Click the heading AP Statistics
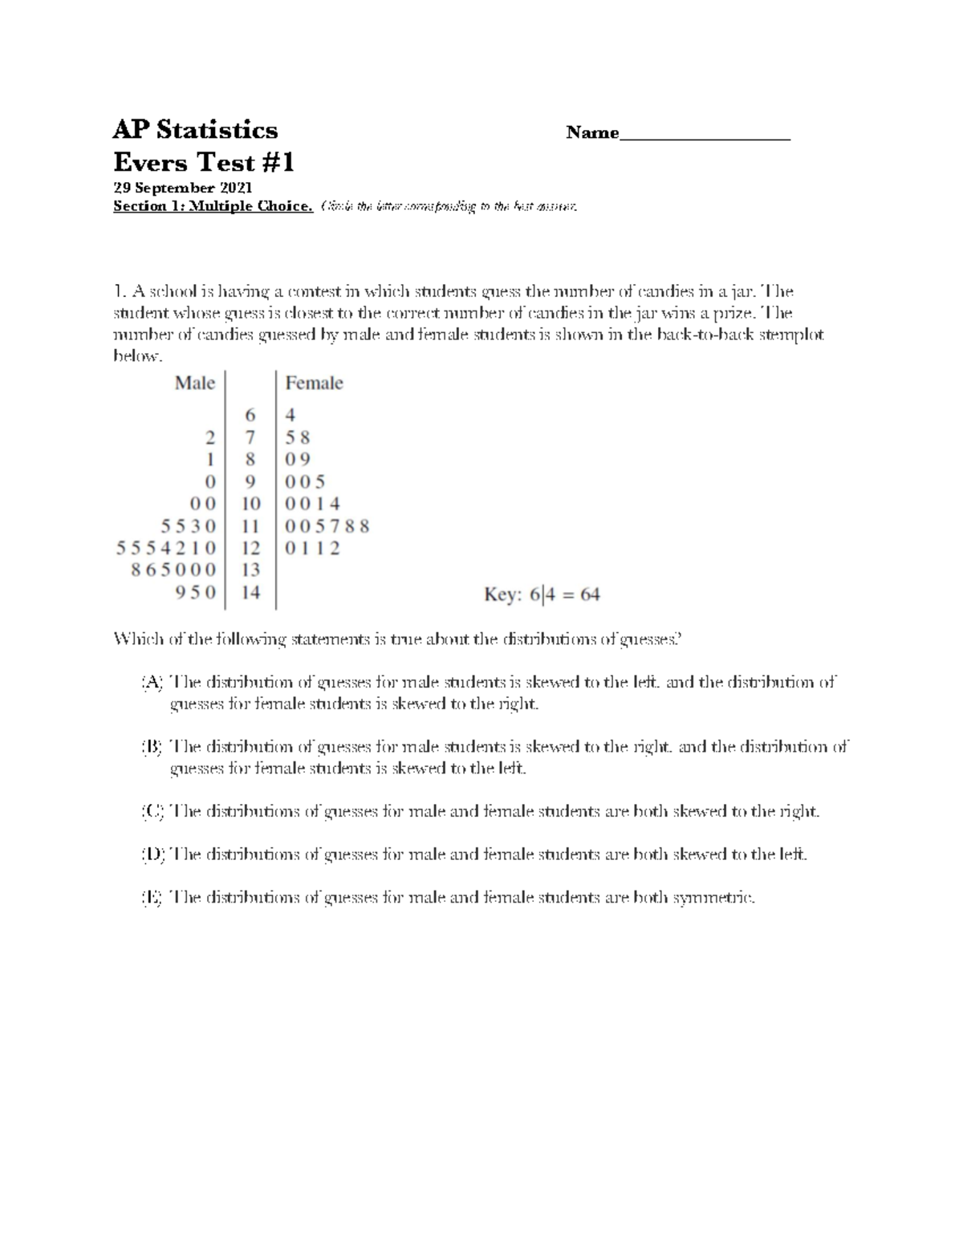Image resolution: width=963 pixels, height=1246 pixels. tap(195, 130)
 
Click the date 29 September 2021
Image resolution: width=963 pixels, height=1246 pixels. tap(182, 188)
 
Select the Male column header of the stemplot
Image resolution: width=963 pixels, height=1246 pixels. tap(195, 384)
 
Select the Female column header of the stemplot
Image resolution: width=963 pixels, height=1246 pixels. tap(314, 384)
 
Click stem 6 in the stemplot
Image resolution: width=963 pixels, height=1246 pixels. tap(250, 416)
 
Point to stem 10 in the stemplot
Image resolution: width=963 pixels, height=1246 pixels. tap(250, 504)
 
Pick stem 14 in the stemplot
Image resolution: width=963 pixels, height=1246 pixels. tap(250, 593)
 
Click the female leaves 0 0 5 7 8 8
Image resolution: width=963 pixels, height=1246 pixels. tap(327, 526)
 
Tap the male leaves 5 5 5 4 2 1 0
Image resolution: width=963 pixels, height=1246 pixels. tap(166, 548)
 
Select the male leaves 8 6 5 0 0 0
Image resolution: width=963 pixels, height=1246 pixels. tap(173, 570)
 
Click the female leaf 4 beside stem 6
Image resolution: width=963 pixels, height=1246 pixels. tap(291, 416)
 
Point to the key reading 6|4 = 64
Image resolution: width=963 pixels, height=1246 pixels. tap(542, 595)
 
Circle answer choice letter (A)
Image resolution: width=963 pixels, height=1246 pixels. tap(152, 683)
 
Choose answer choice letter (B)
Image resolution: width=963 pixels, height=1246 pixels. tap(152, 747)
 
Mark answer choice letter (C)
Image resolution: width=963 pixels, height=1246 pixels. tap(152, 811)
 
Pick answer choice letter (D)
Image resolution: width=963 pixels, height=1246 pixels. tap(152, 854)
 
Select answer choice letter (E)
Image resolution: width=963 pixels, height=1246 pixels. tap(152, 898)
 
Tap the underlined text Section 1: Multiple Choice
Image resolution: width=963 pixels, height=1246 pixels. tap(213, 206)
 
